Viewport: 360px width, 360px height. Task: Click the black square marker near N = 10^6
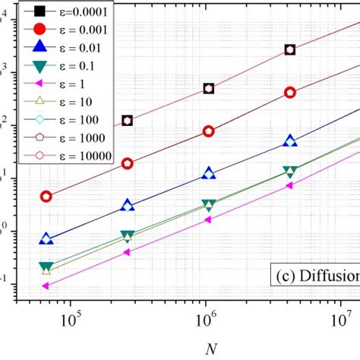click(209, 88)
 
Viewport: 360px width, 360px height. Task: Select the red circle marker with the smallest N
click(46, 196)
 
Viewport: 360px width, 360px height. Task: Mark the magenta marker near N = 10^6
click(208, 219)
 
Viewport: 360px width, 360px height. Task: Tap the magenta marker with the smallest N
click(46, 286)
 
